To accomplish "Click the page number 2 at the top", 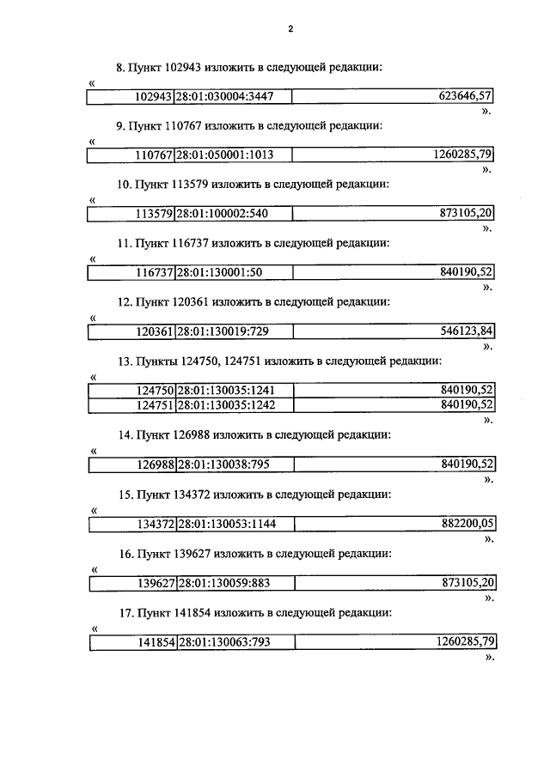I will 291,28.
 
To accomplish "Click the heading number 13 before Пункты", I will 123,361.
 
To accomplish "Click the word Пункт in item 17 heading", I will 153,612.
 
